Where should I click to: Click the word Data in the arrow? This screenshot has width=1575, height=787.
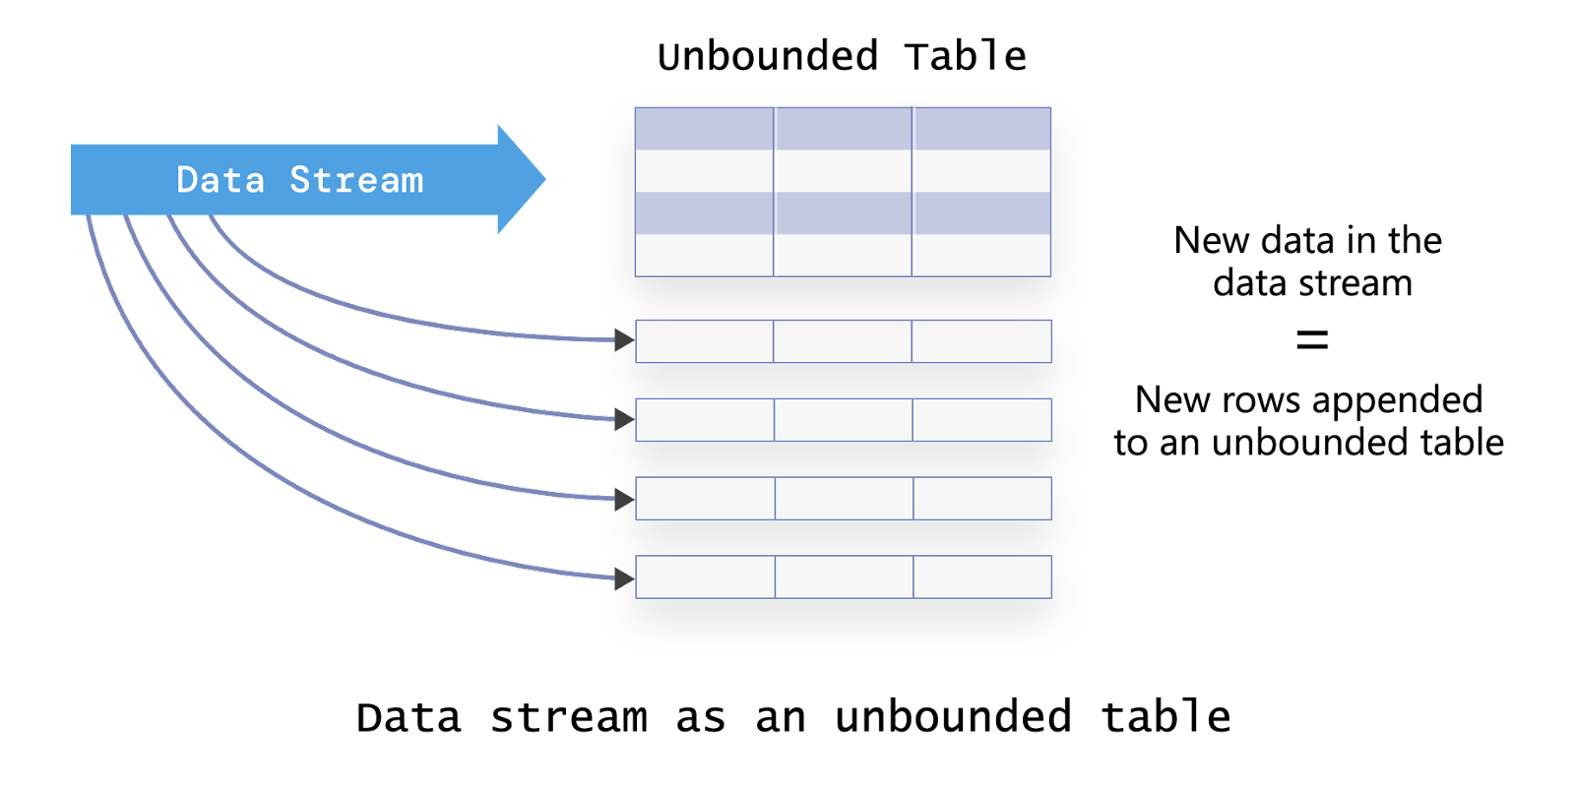[x=220, y=180]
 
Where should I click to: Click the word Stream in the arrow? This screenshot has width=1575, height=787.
[x=356, y=180]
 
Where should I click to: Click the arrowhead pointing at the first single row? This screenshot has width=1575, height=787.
[x=624, y=340]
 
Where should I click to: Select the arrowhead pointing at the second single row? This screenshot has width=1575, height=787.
[x=624, y=420]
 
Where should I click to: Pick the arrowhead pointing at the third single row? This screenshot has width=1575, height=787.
[x=624, y=500]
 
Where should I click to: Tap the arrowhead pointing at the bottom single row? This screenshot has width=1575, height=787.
[x=624, y=579]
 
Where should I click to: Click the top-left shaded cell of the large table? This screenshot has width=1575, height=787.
[x=704, y=129]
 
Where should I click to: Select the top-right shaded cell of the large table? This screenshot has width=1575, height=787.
[x=982, y=129]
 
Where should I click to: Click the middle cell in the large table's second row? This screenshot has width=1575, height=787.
[x=843, y=171]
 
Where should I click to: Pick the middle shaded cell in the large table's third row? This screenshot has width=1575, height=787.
[x=843, y=213]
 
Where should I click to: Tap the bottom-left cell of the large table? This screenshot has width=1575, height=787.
[x=704, y=255]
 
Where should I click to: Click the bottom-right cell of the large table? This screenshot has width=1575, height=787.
[x=982, y=255]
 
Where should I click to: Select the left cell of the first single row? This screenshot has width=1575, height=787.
[x=705, y=341]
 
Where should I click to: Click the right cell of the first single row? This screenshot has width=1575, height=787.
[x=982, y=341]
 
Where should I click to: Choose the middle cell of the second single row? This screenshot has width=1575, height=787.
[x=844, y=420]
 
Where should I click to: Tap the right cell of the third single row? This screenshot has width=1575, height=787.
[x=983, y=499]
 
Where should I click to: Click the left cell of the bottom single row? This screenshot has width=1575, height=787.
[x=706, y=577]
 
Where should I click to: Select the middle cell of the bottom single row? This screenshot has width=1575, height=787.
[x=845, y=577]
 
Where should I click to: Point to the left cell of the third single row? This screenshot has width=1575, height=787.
[x=706, y=499]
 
